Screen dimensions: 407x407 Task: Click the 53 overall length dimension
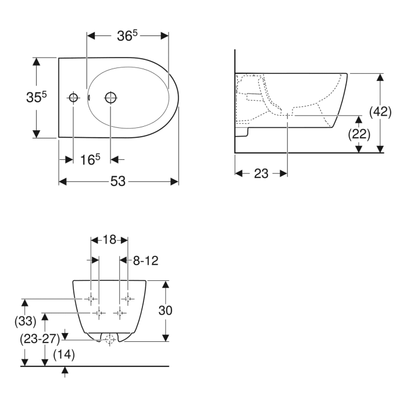point(119,181)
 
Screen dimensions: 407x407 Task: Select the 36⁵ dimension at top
point(127,35)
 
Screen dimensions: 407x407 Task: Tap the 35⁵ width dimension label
point(36,98)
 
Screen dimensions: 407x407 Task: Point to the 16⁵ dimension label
point(90,159)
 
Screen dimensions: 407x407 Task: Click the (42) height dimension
point(380,112)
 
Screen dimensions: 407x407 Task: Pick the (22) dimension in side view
point(359,134)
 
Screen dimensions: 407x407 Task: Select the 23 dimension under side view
point(261,173)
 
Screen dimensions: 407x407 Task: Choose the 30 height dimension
point(166,310)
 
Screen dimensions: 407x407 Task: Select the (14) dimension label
point(65,354)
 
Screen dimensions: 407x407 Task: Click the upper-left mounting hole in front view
point(91,298)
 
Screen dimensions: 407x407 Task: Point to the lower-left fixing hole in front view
point(99,313)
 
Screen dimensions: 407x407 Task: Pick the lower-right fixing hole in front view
point(120,313)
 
